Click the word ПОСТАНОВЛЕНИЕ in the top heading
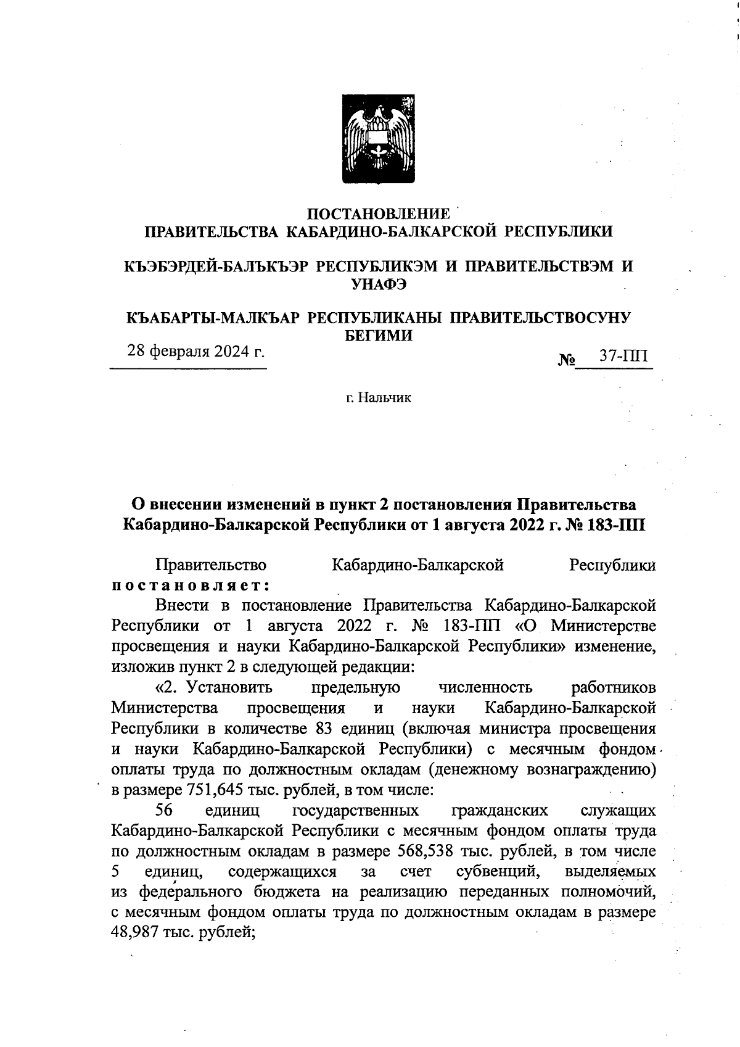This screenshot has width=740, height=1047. coord(378,214)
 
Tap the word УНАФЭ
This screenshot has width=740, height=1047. coord(378,284)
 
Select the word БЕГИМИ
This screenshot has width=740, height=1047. coord(378,336)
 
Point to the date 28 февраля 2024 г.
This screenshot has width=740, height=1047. coord(195,352)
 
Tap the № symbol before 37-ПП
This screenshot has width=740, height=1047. coord(566,359)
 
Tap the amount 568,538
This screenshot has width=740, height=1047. coord(419,851)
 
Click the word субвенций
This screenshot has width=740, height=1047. coord(499,872)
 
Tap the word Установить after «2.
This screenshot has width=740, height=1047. coord(229,687)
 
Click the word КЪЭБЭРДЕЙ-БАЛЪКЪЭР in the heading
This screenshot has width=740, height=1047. coord(216,267)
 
